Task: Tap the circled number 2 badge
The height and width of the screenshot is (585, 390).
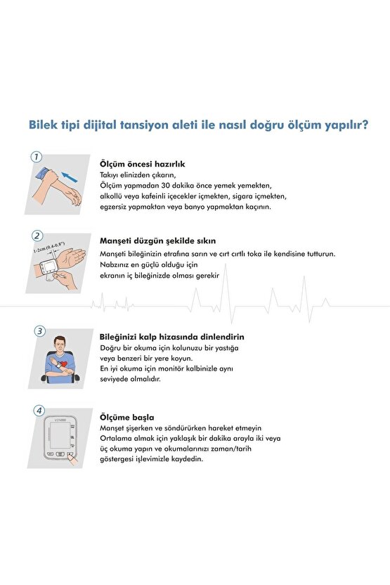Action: tap(37, 236)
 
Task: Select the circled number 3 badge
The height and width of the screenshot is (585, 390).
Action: tap(41, 330)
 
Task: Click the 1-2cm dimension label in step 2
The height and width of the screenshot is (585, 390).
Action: tap(48, 247)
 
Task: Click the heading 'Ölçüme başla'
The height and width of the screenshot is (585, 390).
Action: tap(126, 416)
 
